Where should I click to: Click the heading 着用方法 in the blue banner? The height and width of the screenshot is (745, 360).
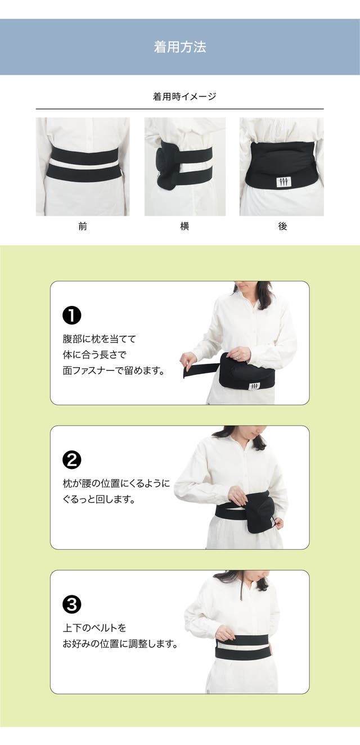pyautogui.click(x=180, y=47)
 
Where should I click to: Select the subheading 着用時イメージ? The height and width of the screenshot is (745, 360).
pyautogui.click(x=184, y=97)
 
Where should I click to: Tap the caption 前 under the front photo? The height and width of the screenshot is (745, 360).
pyautogui.click(x=83, y=227)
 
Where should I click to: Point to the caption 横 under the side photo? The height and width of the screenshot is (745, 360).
pyautogui.click(x=184, y=227)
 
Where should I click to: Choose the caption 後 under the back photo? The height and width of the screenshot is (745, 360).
pyautogui.click(x=282, y=227)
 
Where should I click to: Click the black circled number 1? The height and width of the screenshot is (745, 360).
pyautogui.click(x=72, y=315)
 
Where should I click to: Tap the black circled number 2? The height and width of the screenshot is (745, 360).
pyautogui.click(x=72, y=460)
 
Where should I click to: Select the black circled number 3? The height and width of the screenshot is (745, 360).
pyautogui.click(x=72, y=604)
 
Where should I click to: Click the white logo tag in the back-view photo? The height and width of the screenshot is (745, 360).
pyautogui.click(x=283, y=182)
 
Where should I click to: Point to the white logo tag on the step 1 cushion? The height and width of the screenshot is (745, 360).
pyautogui.click(x=254, y=386)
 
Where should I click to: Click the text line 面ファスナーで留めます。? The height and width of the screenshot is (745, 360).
pyautogui.click(x=114, y=371)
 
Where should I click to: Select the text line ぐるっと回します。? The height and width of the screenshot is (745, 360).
pyautogui.click(x=98, y=499)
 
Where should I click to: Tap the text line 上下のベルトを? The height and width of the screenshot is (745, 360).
pyautogui.click(x=94, y=628)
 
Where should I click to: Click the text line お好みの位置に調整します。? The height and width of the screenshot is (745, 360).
pyautogui.click(x=120, y=644)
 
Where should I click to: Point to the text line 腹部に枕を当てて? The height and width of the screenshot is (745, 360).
pyautogui.click(x=100, y=339)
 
